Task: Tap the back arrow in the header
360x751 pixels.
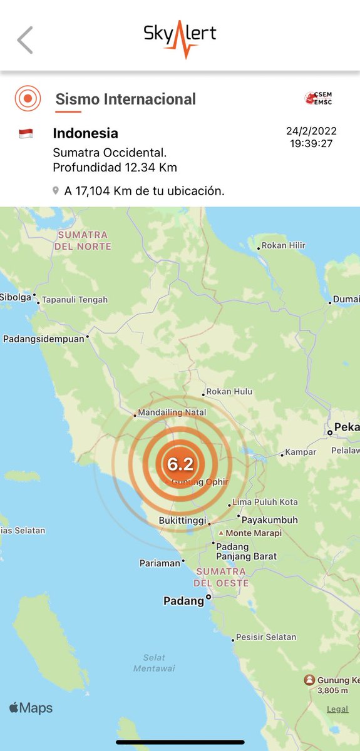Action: [25, 40]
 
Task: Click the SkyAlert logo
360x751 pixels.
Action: [180, 37]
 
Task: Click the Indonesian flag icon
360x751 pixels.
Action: [26, 133]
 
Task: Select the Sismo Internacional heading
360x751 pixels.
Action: [125, 99]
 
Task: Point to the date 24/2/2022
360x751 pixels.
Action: [311, 131]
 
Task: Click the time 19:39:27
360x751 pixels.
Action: [311, 144]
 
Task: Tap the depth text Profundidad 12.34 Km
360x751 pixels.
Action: [115, 167]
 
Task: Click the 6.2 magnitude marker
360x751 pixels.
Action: [180, 464]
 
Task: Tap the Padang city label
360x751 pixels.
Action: [184, 601]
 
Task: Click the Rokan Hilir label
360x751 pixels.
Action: [283, 245]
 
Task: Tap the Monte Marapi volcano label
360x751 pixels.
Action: [254, 533]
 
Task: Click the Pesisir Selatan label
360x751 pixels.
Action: [265, 638]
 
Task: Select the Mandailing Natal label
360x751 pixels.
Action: [172, 413]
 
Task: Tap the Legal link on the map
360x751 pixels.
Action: [337, 709]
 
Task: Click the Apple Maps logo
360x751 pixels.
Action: [31, 708]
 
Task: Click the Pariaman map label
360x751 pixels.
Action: [160, 563]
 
